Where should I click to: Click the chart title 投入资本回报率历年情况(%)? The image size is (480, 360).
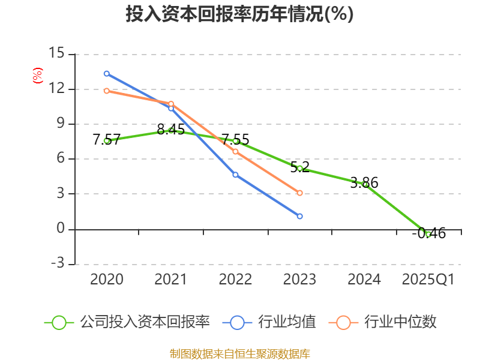pyautogui.click(x=239, y=14)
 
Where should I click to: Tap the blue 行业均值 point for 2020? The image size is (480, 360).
pyautogui.click(x=107, y=73)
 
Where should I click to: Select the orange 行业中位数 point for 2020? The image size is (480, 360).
pyautogui.click(x=107, y=91)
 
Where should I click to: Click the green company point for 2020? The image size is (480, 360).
pyautogui.click(x=107, y=140)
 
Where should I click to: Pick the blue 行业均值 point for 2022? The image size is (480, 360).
pyautogui.click(x=235, y=175)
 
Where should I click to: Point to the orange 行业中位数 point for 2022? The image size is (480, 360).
pyautogui.click(x=235, y=152)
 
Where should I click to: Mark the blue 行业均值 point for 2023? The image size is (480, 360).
pyautogui.click(x=300, y=216)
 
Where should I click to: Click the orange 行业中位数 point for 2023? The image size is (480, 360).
pyautogui.click(x=300, y=193)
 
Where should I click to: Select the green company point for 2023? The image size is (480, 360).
pyautogui.click(x=300, y=168)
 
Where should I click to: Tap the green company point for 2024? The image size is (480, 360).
pyautogui.click(x=365, y=184)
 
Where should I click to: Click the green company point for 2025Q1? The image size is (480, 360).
pyautogui.click(x=428, y=234)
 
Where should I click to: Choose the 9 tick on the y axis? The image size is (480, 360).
pyautogui.click(x=59, y=124)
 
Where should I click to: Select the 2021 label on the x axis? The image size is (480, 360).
pyautogui.click(x=171, y=280)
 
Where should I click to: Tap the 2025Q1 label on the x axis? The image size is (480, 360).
pyautogui.click(x=428, y=280)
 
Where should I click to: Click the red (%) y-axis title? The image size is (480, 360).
pyautogui.click(x=37, y=76)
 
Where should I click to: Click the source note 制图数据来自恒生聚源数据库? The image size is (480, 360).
pyautogui.click(x=239, y=353)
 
